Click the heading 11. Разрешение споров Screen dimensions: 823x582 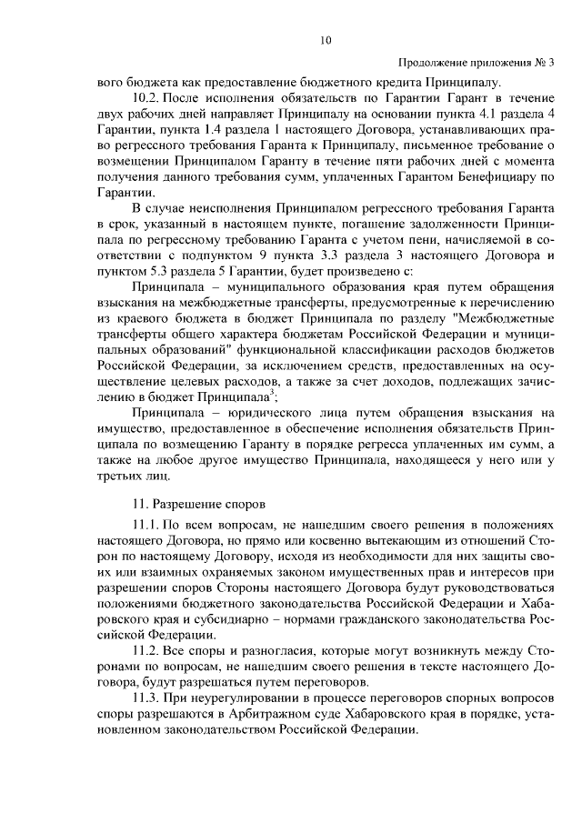pyautogui.click(x=198, y=501)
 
